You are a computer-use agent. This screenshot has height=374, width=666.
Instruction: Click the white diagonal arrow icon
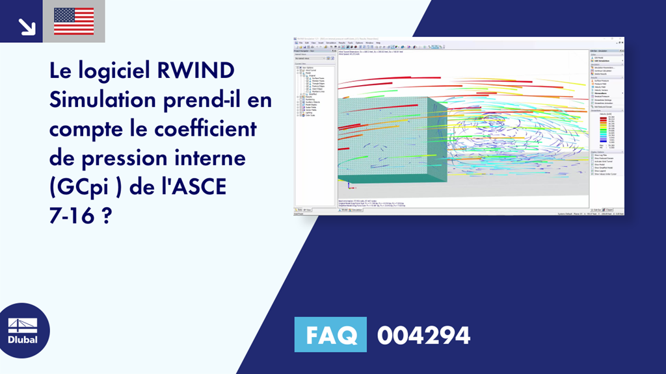click(x=27, y=25)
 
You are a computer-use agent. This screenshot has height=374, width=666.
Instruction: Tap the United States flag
click(x=74, y=21)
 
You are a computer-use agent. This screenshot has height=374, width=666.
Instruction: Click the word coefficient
click(x=206, y=129)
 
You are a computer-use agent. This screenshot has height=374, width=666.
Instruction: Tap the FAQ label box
click(x=330, y=336)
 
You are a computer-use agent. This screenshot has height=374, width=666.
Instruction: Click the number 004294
click(x=423, y=336)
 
